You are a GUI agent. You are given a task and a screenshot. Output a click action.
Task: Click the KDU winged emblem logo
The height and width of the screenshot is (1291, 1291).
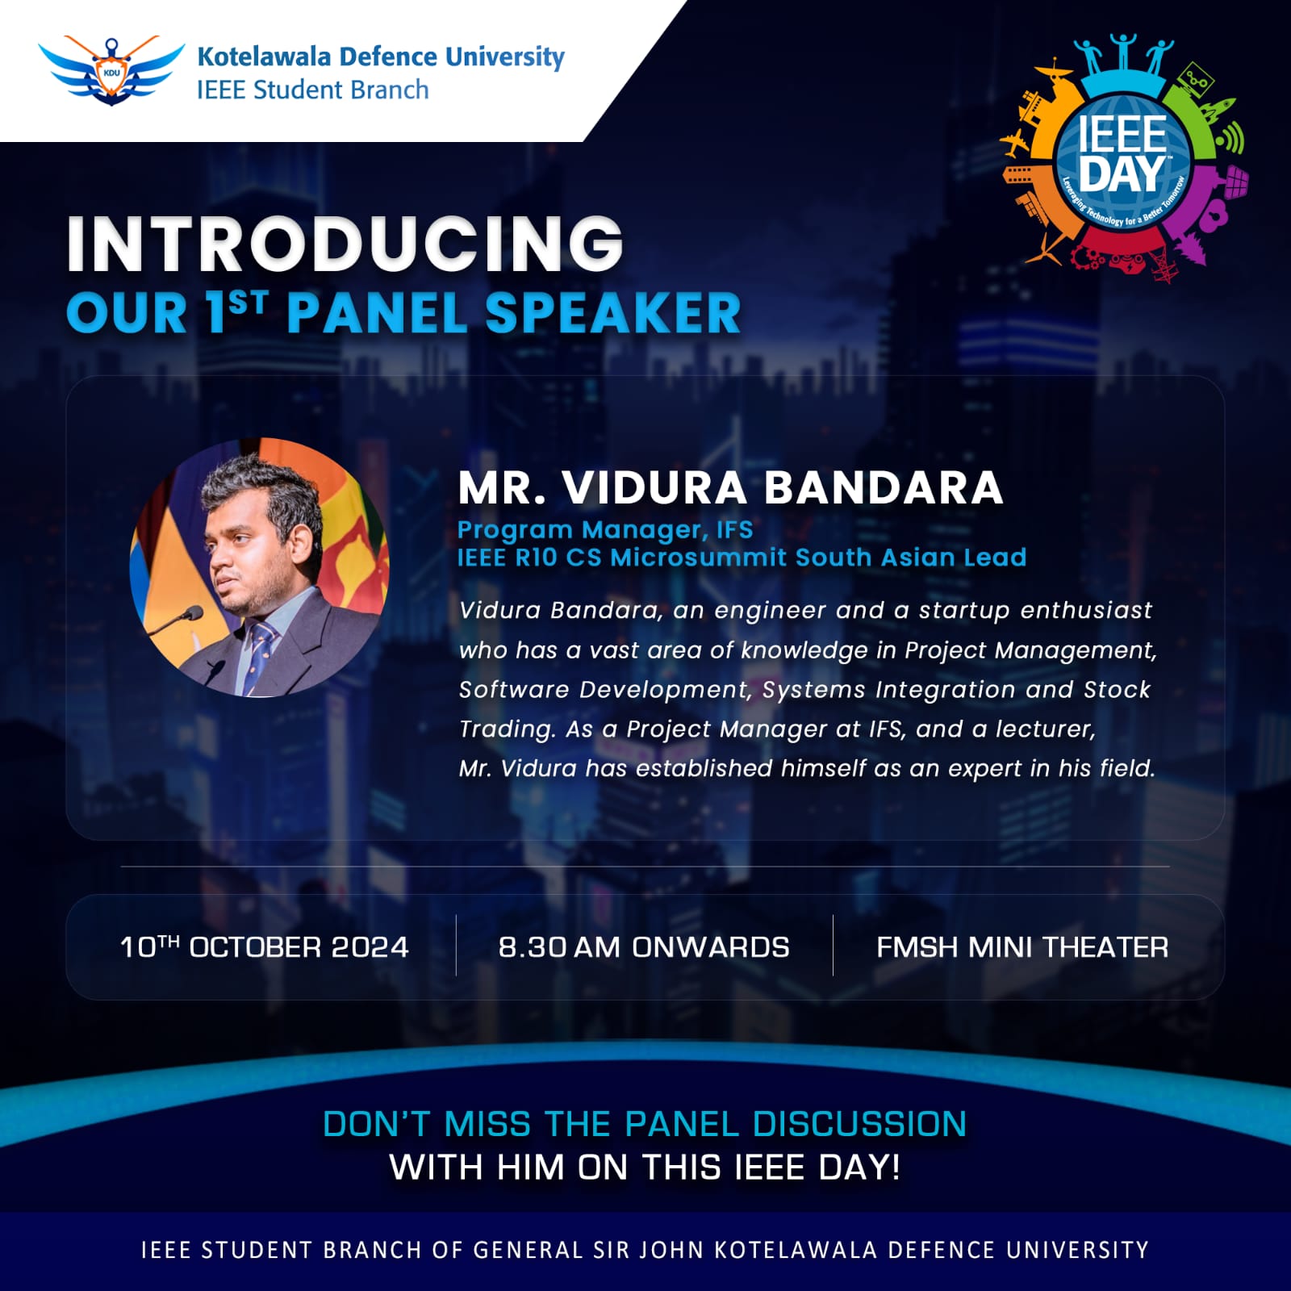click(x=111, y=71)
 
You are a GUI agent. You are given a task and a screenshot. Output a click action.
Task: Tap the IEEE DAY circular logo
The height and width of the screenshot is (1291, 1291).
click(x=1123, y=160)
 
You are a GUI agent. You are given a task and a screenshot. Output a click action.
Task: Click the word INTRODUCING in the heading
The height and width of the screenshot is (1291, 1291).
click(x=345, y=244)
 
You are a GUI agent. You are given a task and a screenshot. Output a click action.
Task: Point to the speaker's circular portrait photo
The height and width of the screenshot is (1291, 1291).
click(x=259, y=567)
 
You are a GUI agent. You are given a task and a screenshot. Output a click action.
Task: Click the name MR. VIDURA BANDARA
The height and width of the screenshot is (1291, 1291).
click(x=730, y=487)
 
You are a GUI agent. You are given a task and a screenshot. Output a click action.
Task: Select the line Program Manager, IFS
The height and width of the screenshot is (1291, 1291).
click(x=605, y=529)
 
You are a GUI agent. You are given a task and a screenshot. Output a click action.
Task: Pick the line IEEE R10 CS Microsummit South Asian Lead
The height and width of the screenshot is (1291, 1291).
click(x=742, y=558)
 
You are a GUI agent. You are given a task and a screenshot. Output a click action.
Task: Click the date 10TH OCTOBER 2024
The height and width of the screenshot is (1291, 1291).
click(x=264, y=946)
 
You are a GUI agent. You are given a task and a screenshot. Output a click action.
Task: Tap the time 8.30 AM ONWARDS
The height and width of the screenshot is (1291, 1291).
click(x=644, y=946)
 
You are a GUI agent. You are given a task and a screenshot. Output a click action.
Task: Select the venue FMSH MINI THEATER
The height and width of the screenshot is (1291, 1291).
click(x=1022, y=946)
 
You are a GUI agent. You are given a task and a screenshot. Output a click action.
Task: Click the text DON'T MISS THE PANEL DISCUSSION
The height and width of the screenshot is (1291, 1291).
click(x=645, y=1124)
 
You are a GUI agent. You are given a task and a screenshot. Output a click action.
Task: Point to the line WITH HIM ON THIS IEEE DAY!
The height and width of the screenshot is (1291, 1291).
click(x=645, y=1167)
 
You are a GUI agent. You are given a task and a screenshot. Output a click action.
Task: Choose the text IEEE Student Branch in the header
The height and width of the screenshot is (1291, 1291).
click(x=313, y=90)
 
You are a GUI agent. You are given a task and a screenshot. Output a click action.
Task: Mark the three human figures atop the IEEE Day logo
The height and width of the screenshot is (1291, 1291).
click(x=1123, y=55)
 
